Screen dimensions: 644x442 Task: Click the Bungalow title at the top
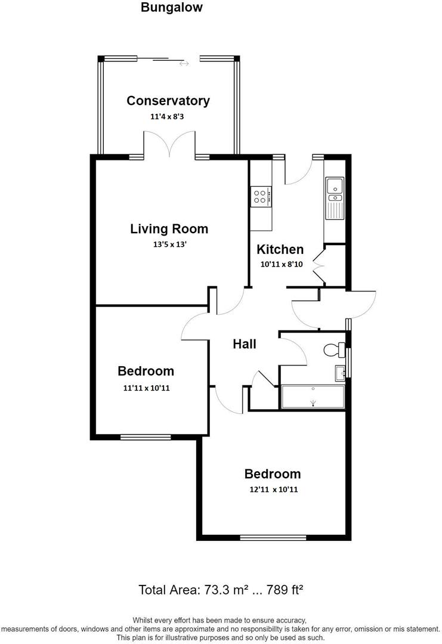tap(172, 8)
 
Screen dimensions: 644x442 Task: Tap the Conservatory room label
tap(168, 101)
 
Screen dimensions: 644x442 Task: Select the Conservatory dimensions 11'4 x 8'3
tap(168, 117)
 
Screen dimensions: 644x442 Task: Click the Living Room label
tap(169, 228)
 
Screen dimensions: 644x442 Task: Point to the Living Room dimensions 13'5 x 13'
tap(169, 244)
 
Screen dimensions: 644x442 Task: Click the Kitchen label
tap(280, 249)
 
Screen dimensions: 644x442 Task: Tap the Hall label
tap(245, 344)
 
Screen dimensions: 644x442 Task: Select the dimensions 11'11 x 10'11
tap(146, 388)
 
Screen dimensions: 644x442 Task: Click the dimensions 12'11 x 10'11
tap(273, 490)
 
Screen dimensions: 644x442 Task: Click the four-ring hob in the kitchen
tap(260, 196)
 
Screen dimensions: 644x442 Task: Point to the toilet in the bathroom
tap(334, 349)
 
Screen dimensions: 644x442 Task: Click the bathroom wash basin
tap(340, 373)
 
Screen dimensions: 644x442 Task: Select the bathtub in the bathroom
tap(313, 397)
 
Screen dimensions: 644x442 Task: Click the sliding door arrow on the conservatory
tap(184, 63)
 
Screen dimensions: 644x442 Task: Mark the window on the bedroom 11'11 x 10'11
tap(146, 437)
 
